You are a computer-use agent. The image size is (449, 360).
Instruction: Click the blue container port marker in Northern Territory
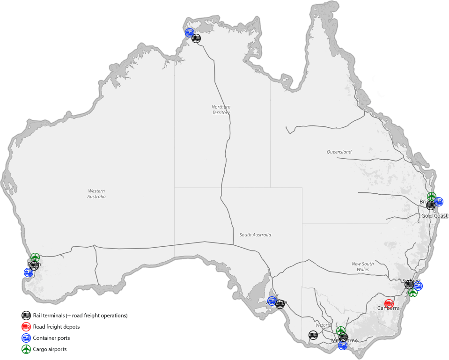point(189,32)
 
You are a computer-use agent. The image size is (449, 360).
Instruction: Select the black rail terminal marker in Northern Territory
point(196,38)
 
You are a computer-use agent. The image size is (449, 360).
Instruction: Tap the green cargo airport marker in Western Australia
point(35,257)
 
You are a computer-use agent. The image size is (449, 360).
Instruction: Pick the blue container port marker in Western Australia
point(28,272)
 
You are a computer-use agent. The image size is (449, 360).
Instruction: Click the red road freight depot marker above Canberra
point(389,303)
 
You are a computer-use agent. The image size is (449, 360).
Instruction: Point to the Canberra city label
point(389,309)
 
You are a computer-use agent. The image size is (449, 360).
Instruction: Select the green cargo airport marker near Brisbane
point(432,196)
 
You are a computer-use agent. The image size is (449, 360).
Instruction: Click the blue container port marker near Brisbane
point(439,202)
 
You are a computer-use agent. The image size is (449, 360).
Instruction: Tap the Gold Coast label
point(434,216)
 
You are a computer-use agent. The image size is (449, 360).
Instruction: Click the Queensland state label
point(339,152)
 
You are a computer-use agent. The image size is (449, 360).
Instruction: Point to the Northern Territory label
point(221,110)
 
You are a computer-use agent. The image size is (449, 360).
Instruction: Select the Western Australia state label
point(96,194)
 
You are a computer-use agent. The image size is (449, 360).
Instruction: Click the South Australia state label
point(255,235)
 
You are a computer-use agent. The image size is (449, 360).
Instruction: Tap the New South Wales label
point(362,267)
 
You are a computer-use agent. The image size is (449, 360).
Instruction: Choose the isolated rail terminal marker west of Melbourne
point(313,335)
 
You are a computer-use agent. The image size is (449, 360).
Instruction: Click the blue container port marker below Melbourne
point(343,346)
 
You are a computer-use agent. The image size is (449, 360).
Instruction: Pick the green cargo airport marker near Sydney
point(413,293)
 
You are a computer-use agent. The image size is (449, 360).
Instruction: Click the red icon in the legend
point(26,327)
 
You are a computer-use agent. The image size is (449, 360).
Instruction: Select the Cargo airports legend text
point(50,349)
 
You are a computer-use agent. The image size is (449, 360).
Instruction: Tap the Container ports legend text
point(52,338)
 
